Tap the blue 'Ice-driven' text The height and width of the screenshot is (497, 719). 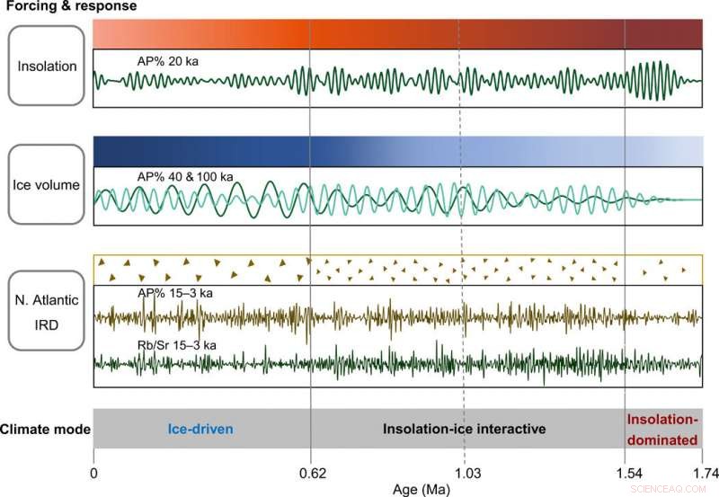(x=199, y=430)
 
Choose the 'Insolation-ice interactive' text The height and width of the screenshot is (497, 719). (x=465, y=430)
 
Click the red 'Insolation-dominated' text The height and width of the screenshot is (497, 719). (x=662, y=430)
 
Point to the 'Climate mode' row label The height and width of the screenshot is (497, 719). (x=46, y=430)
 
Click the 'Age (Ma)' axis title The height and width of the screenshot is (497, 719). (x=420, y=488)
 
